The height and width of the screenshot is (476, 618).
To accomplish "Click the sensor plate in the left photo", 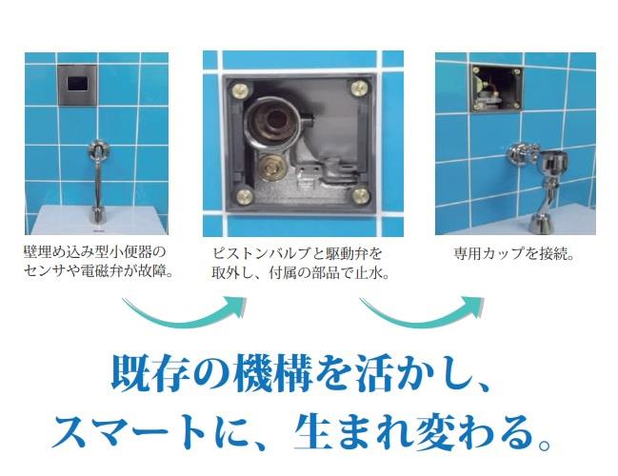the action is coord(78,85).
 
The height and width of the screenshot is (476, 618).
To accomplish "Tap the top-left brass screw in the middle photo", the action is coord(240,90).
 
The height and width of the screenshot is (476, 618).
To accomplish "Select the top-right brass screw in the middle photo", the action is coord(359,88).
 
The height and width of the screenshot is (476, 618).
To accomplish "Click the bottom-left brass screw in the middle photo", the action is coord(244,195).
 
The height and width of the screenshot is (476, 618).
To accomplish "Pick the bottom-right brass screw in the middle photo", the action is coord(360,195).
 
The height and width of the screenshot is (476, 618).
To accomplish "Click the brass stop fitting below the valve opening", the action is coord(272,167).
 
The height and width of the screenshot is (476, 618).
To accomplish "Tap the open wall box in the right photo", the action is coord(497,88).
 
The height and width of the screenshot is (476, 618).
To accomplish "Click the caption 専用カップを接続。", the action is coord(513,254).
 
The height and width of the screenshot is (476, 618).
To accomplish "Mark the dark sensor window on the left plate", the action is coord(78,83).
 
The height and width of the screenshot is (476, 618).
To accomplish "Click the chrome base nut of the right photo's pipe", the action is coord(540,224).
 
